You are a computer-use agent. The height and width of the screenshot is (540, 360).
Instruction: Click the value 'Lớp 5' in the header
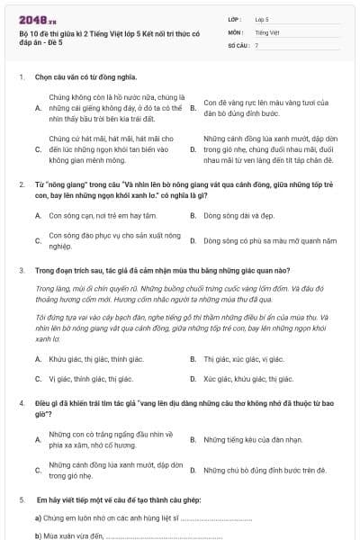pos(262,18)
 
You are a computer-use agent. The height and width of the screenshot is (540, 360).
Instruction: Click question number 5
pos(20,499)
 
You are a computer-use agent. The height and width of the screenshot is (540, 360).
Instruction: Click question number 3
pos(20,269)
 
